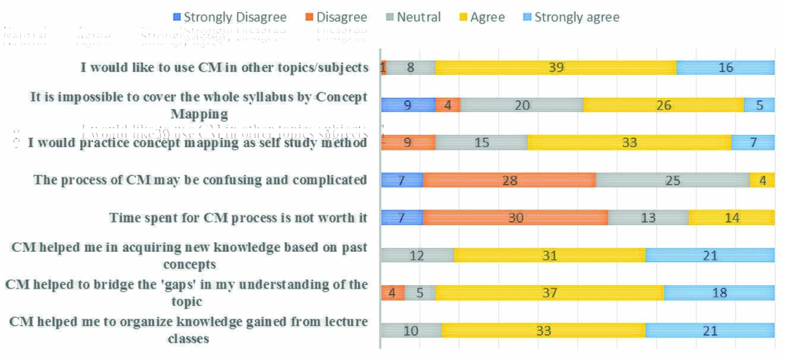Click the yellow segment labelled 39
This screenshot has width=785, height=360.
[x=556, y=68]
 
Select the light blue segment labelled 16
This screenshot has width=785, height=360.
[x=726, y=68]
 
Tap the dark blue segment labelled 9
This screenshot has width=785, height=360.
[x=408, y=105]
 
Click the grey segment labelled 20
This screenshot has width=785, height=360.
[x=522, y=105]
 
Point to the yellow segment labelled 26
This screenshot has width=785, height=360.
[x=663, y=105]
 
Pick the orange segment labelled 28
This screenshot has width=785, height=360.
[x=509, y=180]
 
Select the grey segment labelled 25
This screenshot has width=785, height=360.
[x=673, y=180]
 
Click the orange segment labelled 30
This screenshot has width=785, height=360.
[x=515, y=217]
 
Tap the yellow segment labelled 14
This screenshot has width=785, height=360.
[x=732, y=217]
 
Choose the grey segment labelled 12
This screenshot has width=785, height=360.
[x=417, y=255]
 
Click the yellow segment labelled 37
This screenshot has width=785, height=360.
[x=549, y=293]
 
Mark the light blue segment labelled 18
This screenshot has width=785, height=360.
[x=719, y=293]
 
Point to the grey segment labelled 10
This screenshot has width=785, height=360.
[x=411, y=330]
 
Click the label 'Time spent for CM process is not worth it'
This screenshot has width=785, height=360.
[x=238, y=217]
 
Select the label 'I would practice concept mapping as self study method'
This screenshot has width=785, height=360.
[x=197, y=143]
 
